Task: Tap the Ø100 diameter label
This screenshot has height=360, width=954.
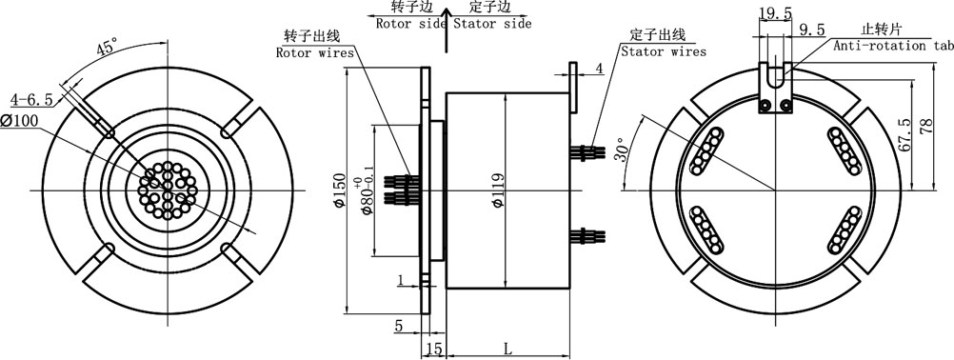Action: (x=19, y=120)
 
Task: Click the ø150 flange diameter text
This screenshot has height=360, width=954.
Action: (x=340, y=190)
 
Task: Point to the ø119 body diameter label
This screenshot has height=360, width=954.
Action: (x=498, y=190)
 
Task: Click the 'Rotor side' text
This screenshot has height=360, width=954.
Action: (x=410, y=24)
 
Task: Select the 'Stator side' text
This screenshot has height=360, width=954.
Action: (x=491, y=24)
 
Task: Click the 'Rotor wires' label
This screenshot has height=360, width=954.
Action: (x=315, y=53)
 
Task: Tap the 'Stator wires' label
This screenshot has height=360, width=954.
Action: (x=664, y=51)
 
